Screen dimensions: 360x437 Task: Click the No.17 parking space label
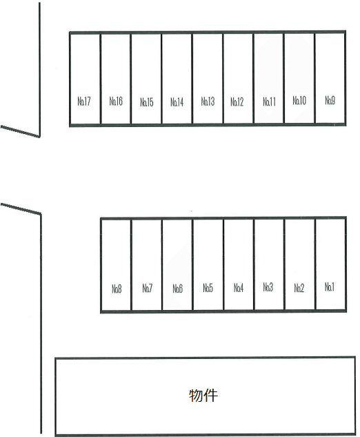84,101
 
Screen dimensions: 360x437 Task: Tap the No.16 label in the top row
116,101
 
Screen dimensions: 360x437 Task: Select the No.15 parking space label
147,102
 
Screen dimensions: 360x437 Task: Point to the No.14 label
177,102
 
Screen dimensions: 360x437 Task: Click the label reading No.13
208,101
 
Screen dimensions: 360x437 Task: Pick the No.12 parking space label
237,102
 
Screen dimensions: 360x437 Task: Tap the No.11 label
270,102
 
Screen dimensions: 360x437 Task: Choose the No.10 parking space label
299,100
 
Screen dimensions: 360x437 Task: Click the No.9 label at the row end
330,100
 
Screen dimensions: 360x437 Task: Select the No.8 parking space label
117,289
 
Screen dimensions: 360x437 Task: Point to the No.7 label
148,288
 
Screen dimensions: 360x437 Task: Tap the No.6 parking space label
178,289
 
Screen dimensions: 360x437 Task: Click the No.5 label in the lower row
208,288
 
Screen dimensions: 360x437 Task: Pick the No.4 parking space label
239,288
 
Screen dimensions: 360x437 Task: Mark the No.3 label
268,287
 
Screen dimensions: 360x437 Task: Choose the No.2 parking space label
299,288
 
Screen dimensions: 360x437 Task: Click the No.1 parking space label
330,287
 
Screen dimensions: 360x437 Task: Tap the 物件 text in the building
203,396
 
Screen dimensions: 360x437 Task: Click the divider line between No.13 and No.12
223,78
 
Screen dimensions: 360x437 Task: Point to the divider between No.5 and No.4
223,264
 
